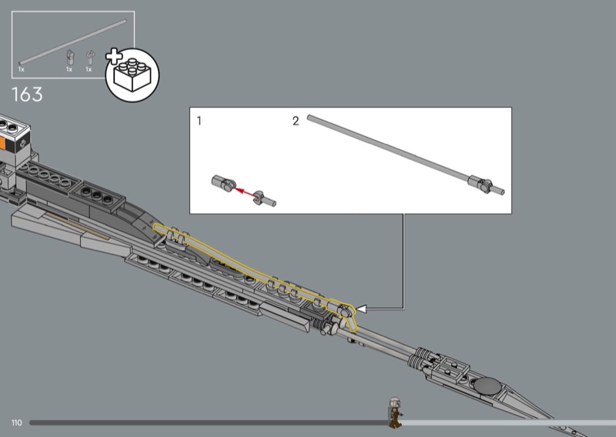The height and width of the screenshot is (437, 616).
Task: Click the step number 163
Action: pyautogui.click(x=27, y=95)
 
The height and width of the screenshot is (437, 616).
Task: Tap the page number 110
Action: pyautogui.click(x=16, y=422)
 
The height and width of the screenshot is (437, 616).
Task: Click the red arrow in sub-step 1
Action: pyautogui.click(x=244, y=192)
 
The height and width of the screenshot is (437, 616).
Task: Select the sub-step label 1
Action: pyautogui.click(x=199, y=121)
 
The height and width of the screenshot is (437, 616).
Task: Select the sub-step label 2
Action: pyautogui.click(x=296, y=121)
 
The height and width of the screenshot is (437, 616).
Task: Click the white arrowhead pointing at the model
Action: pyautogui.click(x=361, y=309)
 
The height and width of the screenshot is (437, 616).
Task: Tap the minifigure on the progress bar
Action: pyautogui.click(x=395, y=412)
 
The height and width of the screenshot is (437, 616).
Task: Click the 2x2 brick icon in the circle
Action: pyautogui.click(x=132, y=75)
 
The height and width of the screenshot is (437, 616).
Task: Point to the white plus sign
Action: pyautogui.click(x=114, y=56)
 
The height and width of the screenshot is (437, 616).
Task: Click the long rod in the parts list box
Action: pyautogui.click(x=72, y=42)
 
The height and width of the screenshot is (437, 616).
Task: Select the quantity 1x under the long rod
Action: pyautogui.click(x=22, y=69)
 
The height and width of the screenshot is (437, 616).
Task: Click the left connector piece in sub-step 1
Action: pyautogui.click(x=223, y=183)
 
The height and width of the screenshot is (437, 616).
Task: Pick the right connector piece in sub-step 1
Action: pyautogui.click(x=264, y=198)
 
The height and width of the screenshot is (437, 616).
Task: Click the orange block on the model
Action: pyautogui.click(x=3, y=143)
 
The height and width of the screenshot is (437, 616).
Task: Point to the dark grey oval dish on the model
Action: pyautogui.click(x=487, y=385)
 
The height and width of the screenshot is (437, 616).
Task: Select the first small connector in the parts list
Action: pyautogui.click(x=70, y=58)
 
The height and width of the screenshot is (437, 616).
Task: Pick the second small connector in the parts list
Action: pyautogui.click(x=90, y=58)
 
